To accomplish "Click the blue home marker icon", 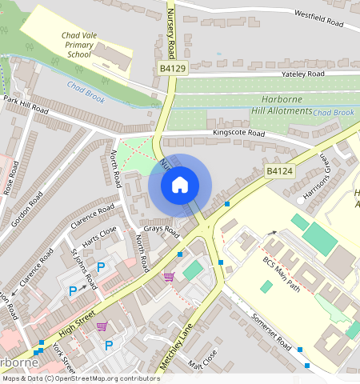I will pyautogui.click(x=180, y=185).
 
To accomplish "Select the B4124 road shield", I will pyautogui.click(x=278, y=171).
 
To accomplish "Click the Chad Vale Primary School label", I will pyautogui.click(x=80, y=46).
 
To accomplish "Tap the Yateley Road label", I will pyautogui.click(x=303, y=74).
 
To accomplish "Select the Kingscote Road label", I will pyautogui.click(x=238, y=133).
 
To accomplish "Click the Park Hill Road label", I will pyautogui.click(x=27, y=103).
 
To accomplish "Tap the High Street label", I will pyautogui.click(x=75, y=318).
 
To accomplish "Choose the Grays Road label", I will pyautogui.click(x=160, y=230).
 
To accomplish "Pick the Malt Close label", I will pyautogui.click(x=202, y=361).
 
